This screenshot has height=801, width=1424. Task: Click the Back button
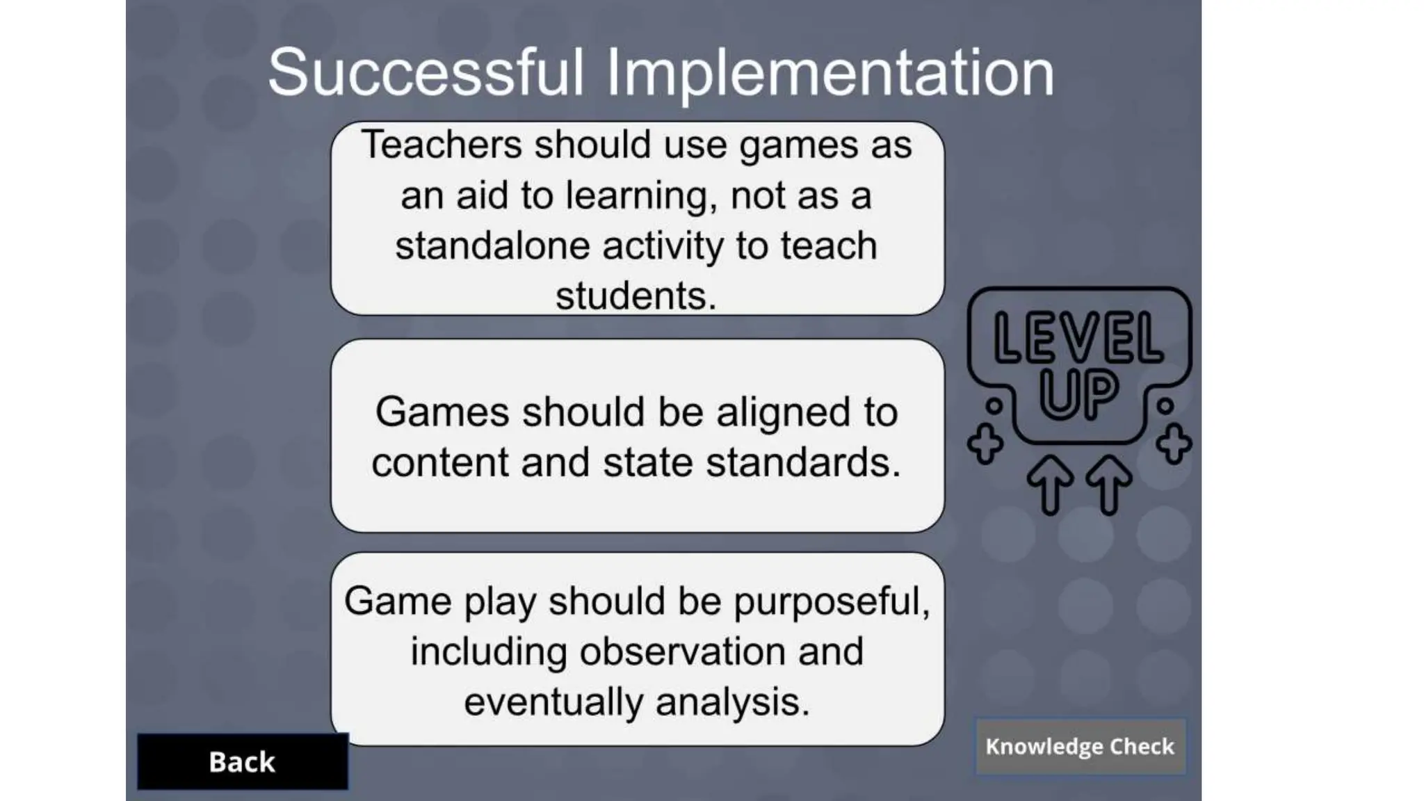242,762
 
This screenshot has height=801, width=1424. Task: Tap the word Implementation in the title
830,74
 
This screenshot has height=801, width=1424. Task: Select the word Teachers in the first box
442,145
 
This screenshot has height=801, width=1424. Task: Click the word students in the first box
635,296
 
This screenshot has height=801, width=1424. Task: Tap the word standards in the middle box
803,462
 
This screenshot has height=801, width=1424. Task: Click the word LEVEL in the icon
1078,339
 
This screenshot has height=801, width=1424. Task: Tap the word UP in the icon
1078,394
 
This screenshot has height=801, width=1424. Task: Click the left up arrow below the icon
1051,485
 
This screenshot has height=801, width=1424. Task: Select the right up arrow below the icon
1109,485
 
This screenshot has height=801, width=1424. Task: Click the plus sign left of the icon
985,444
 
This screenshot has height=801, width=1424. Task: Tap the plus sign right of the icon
1174,444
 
